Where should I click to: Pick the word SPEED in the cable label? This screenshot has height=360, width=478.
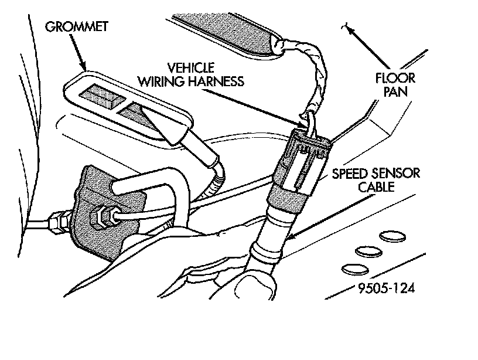click(352, 174)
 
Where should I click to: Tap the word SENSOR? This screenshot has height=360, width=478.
click(395, 174)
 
